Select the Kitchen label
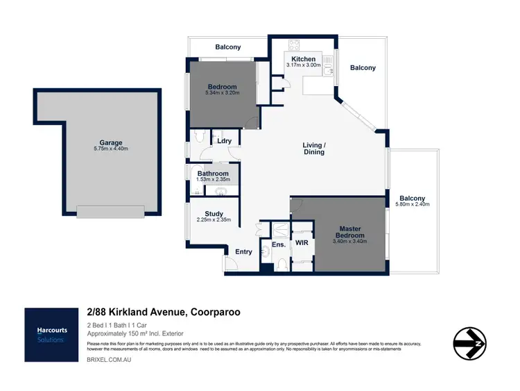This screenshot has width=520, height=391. point(303,59)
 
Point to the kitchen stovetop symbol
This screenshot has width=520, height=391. point(293,45)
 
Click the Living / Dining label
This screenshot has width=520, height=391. point(314,149)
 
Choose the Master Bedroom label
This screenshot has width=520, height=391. point(349,232)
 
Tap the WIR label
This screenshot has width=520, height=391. point(302,243)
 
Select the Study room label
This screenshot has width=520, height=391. point(213,214)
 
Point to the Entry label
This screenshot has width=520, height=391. point(243,251)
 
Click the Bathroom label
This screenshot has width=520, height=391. point(213,174)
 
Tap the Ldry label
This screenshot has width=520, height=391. point(224,141)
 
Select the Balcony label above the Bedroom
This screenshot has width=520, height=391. point(227,47)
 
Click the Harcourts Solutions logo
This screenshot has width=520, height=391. point(51,335)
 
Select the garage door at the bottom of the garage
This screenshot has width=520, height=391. point(111,211)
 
